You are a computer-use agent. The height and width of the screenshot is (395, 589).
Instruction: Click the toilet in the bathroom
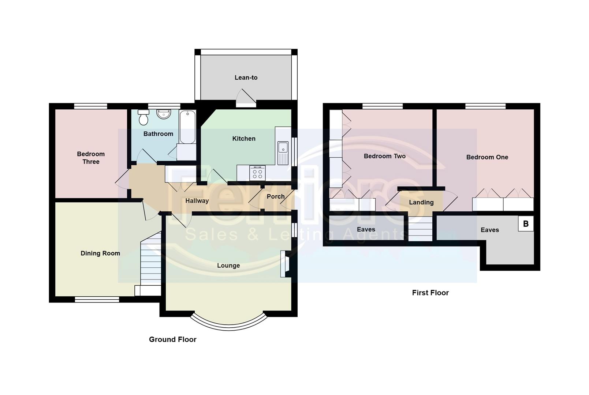point(143,118)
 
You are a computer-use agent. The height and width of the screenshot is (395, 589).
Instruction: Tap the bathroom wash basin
point(163,114)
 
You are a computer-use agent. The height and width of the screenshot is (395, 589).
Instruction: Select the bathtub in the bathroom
point(188,127)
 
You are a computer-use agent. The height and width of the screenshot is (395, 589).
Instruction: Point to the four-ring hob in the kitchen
point(257,173)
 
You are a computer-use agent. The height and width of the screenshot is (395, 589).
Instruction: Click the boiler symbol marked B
point(526,224)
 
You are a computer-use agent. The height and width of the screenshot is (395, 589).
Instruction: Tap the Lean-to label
point(246,78)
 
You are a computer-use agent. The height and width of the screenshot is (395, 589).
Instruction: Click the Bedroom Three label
point(91,158)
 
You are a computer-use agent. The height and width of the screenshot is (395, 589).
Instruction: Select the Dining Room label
point(100,253)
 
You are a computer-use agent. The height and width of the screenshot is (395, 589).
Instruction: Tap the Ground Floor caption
point(173,339)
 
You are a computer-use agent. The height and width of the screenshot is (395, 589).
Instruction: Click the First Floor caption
point(430,293)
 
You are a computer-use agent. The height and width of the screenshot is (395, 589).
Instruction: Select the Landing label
point(421,202)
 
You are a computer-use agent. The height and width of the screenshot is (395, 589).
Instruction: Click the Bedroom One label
point(487,157)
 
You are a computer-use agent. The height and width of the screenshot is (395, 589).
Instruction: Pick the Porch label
point(276,196)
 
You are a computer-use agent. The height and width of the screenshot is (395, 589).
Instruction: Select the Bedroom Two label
point(384,156)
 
